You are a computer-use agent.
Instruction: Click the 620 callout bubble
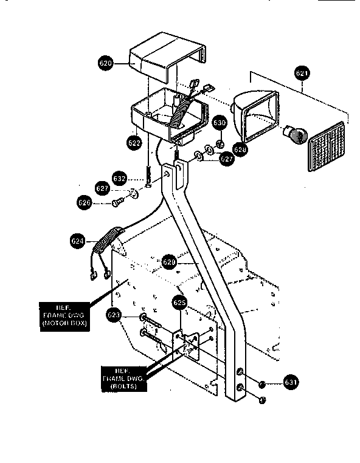(106, 63)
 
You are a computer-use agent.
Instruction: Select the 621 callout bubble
(302, 74)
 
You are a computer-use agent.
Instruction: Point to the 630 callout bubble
(220, 124)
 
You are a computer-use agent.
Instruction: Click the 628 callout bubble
(240, 149)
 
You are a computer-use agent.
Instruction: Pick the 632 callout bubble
(120, 179)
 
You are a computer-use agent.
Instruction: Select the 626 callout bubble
(85, 201)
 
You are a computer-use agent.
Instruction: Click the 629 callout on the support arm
(170, 262)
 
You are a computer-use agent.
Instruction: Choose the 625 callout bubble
(179, 302)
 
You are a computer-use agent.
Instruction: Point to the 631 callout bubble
(291, 383)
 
